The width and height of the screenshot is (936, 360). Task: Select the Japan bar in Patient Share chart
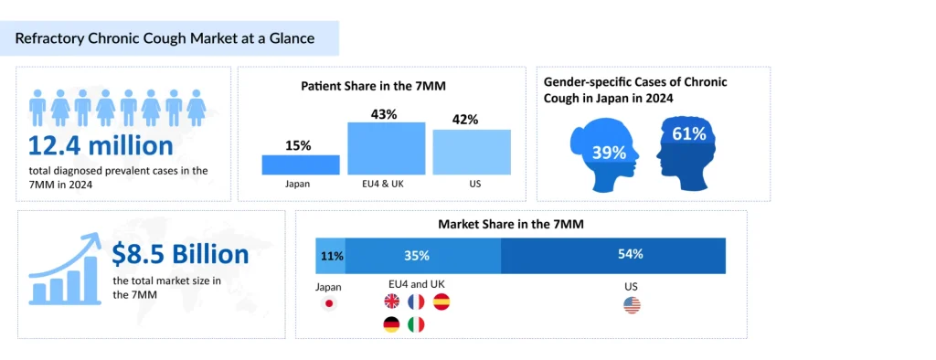(x=300, y=164)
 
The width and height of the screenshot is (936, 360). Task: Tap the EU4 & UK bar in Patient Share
(x=386, y=148)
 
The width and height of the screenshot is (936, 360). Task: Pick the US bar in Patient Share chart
(x=472, y=152)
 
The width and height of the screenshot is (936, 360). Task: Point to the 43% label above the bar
(x=385, y=114)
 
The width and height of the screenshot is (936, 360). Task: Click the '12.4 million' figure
(x=101, y=146)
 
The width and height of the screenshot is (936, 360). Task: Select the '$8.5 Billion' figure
(x=180, y=254)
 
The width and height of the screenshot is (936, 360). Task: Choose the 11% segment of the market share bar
(x=330, y=256)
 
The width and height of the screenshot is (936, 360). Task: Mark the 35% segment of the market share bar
(x=417, y=256)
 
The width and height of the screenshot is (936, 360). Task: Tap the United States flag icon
(x=632, y=305)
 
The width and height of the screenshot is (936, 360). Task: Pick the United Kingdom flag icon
(x=391, y=302)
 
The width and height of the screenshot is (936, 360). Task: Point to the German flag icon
(x=391, y=324)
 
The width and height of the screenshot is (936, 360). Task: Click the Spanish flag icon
(x=441, y=302)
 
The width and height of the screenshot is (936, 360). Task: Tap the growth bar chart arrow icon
(x=64, y=267)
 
